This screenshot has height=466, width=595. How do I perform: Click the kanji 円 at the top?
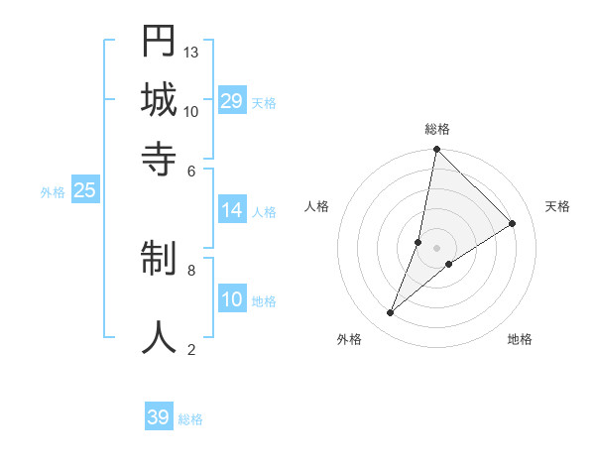[x=159, y=42]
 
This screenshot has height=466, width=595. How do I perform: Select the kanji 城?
[x=159, y=100]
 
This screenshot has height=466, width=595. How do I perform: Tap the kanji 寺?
[x=159, y=159]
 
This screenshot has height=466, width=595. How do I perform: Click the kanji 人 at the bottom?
[x=159, y=335]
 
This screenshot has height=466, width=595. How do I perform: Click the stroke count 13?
[x=191, y=52]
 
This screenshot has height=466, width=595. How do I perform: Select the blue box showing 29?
[x=232, y=101]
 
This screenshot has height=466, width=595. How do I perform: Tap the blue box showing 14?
[x=232, y=210]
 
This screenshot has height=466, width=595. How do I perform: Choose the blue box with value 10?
[x=232, y=300]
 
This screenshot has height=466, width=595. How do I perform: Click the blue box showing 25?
[x=85, y=191]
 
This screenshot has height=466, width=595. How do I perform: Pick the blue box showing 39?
[x=159, y=417]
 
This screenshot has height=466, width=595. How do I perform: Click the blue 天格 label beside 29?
[x=264, y=102]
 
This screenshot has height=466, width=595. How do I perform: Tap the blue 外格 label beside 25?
[x=53, y=192]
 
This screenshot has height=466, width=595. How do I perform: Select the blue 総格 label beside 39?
[x=190, y=418]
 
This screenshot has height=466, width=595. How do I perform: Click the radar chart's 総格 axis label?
[x=437, y=129]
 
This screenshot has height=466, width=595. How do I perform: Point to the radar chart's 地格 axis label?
[x=520, y=339]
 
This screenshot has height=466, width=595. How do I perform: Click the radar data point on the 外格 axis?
[x=391, y=313]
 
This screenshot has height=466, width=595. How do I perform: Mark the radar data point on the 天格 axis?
[x=513, y=224]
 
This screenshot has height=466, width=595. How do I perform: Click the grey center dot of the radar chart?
[x=437, y=248]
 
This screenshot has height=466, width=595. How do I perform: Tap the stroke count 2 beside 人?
[x=191, y=349]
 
